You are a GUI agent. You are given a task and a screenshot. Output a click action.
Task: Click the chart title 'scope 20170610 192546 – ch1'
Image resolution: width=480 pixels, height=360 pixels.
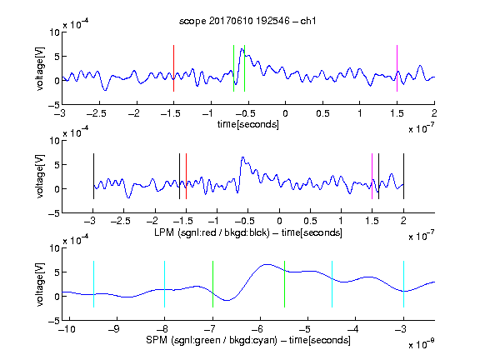point(247,21)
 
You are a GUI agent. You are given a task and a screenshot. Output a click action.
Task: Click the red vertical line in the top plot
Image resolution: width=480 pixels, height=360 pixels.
point(173,68)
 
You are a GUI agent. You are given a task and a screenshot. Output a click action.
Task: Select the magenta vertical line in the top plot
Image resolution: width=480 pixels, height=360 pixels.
point(397,68)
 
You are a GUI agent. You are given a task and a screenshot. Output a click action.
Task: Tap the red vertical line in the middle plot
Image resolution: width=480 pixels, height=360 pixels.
point(186,177)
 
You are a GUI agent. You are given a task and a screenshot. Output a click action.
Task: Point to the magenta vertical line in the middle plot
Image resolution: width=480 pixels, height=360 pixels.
point(372,177)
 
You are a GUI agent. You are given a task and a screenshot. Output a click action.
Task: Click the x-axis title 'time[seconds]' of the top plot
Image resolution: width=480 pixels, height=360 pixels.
point(248,124)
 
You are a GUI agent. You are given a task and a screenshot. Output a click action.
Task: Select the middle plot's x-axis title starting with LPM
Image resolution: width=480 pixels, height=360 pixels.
point(248,232)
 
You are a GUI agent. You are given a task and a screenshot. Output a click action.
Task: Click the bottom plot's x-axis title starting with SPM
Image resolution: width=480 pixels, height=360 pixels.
point(248,340)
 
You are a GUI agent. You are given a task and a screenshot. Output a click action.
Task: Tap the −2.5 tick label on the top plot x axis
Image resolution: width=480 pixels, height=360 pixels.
point(97,113)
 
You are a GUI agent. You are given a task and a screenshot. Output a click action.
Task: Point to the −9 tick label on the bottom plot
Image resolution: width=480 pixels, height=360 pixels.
point(114,329)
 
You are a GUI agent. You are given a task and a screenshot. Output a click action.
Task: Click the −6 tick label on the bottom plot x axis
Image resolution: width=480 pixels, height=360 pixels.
point(257,329)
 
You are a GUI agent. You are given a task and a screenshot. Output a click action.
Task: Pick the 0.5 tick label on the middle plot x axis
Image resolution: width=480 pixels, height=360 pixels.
point(310,221)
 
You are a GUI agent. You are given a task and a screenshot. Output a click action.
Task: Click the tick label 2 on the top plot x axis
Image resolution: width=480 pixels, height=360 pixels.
point(434,113)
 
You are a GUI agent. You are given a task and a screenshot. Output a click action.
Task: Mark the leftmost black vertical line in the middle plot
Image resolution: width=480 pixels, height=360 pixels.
point(93,177)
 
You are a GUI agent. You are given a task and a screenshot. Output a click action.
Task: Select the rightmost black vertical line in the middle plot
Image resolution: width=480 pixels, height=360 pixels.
point(403,177)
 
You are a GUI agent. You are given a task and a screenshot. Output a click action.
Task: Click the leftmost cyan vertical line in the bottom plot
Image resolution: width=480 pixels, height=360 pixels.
point(93,284)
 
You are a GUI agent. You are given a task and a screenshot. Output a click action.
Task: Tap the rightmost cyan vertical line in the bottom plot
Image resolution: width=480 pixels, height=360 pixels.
point(403,284)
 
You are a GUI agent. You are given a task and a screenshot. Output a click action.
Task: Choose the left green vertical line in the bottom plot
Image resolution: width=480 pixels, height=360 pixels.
point(212,284)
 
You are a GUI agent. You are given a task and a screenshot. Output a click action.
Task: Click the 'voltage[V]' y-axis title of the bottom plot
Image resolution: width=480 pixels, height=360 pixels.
point(40,284)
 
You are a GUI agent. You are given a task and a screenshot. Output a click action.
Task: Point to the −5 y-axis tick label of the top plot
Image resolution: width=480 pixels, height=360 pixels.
point(54,105)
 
